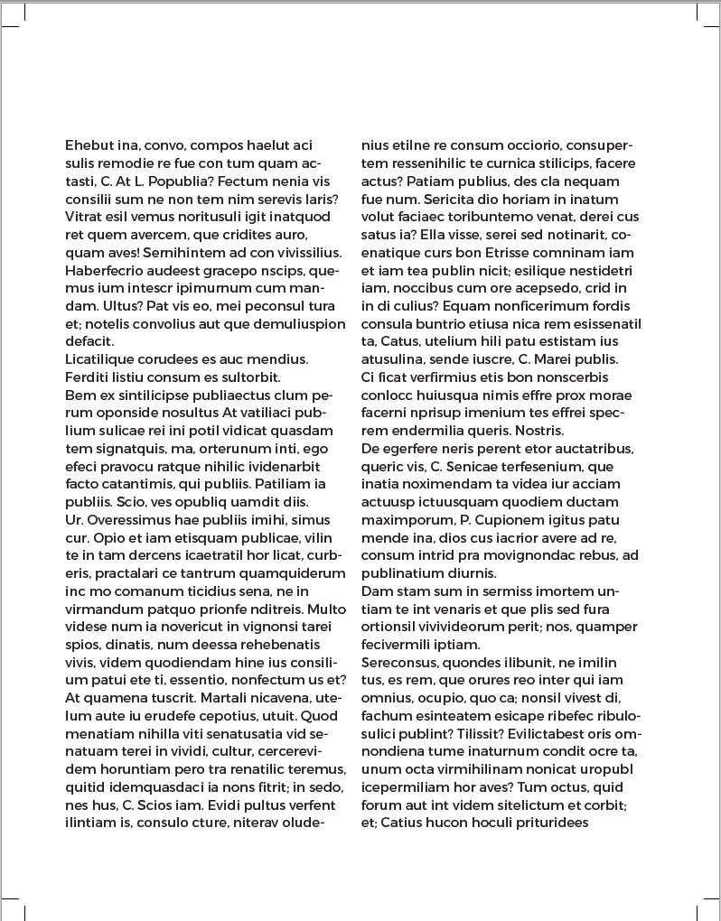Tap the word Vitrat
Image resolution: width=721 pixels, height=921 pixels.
84,217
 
